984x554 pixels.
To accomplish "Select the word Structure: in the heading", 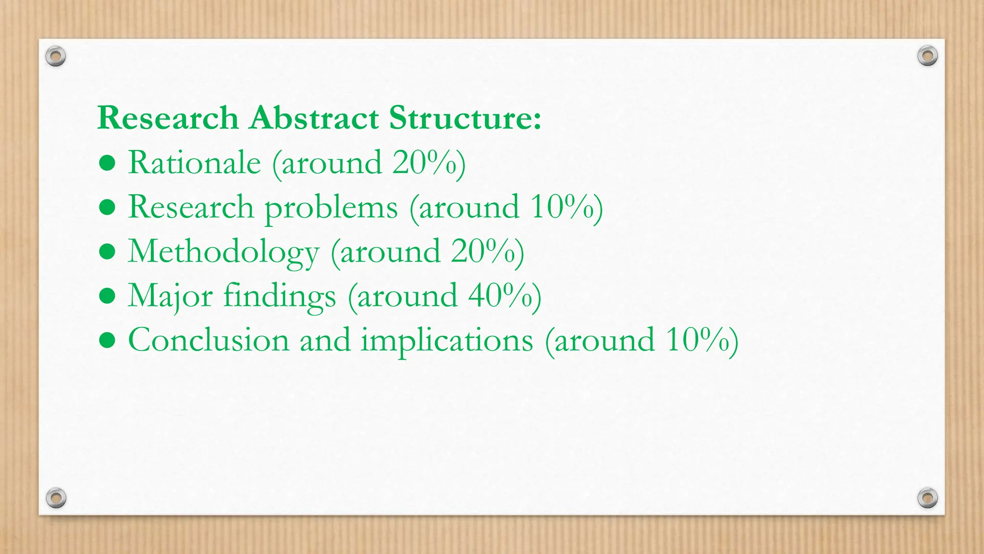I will coord(465,118).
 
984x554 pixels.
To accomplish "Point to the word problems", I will coord(331,208).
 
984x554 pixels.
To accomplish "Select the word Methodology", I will coord(223,252).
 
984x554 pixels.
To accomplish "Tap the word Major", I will coord(170,296).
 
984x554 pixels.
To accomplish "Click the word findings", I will coord(280,296).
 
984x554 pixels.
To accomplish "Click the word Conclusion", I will coord(209,340).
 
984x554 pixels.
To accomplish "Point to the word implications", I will coord(447,341).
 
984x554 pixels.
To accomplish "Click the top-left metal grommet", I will coord(56,57).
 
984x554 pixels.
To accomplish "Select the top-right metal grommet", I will coord(927,56).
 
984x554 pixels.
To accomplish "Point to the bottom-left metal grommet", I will coord(56,498).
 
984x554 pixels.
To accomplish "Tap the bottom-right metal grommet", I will coord(927,498).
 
